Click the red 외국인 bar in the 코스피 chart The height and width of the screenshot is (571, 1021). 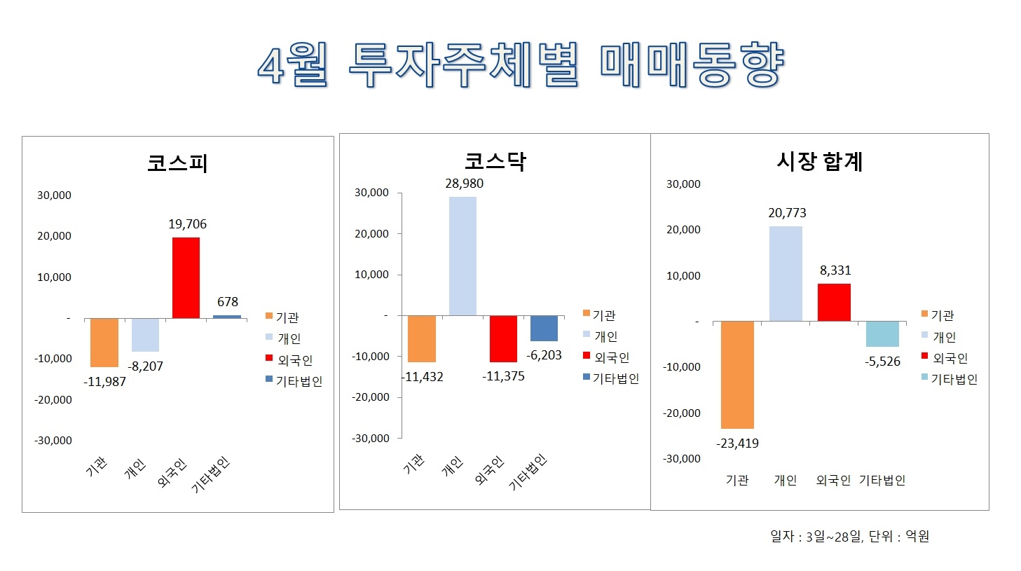coord(186,277)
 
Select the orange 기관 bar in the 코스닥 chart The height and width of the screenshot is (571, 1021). coord(421,338)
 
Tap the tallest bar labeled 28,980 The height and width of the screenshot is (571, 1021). coord(462,256)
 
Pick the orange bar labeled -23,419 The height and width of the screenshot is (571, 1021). coord(737,374)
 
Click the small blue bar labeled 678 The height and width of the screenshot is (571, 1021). coord(226,317)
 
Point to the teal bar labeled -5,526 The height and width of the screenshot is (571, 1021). coord(882,333)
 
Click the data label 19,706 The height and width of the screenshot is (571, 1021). coord(187,224)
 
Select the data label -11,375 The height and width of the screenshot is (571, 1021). coord(503,376)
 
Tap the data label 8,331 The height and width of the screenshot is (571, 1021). coord(835,270)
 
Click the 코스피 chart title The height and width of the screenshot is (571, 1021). coord(177,163)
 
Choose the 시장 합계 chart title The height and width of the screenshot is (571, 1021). coord(819,162)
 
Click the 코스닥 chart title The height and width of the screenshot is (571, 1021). coord(495,162)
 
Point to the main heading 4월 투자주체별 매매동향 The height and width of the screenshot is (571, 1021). coord(520,65)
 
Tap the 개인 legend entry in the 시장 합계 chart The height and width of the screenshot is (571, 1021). coord(943,337)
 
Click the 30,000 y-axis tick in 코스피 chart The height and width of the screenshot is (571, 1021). coord(54,195)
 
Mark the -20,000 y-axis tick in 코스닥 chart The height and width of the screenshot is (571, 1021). coord(371,397)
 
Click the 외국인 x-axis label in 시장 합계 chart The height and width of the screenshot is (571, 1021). coord(833,480)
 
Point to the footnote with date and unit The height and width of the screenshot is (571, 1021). coord(849,537)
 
